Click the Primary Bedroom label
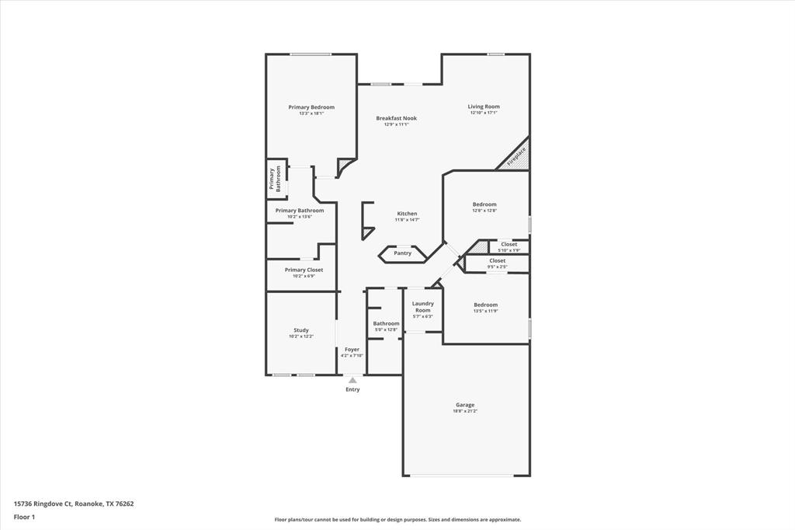tap(311, 107)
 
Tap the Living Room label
tap(484, 106)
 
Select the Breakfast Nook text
tap(396, 118)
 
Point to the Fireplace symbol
tap(516, 155)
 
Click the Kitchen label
tap(407, 214)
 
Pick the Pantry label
tap(402, 253)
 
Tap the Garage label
tap(465, 405)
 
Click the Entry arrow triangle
tap(352, 380)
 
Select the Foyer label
tap(352, 350)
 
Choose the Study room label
tap(301, 330)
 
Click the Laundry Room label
tap(422, 306)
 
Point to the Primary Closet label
tap(304, 270)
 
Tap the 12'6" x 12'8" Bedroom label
tap(484, 204)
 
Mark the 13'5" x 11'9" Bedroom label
tap(486, 305)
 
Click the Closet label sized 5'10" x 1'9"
tap(509, 244)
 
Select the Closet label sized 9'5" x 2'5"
tap(498, 260)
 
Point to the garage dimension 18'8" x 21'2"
tap(465, 411)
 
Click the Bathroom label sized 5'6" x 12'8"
tap(386, 323)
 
